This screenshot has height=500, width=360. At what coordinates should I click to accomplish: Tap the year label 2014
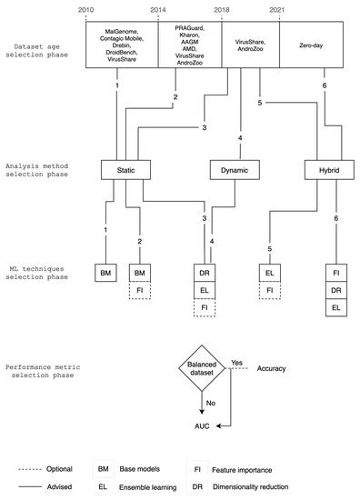158,9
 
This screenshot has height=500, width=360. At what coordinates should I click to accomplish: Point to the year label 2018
221,9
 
